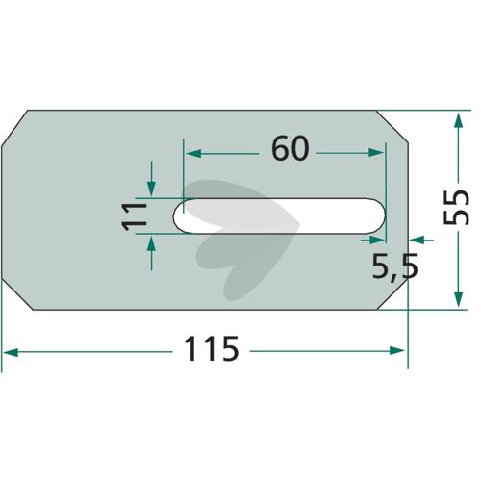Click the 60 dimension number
[x=291, y=148]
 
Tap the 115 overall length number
[x=212, y=348]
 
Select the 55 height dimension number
[x=456, y=207]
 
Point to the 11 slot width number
[x=135, y=215]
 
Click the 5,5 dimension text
[x=395, y=266]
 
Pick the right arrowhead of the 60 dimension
[x=376, y=153]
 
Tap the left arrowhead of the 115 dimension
[x=11, y=353]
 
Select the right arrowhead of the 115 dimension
[x=396, y=350]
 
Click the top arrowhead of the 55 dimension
[x=459, y=121]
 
